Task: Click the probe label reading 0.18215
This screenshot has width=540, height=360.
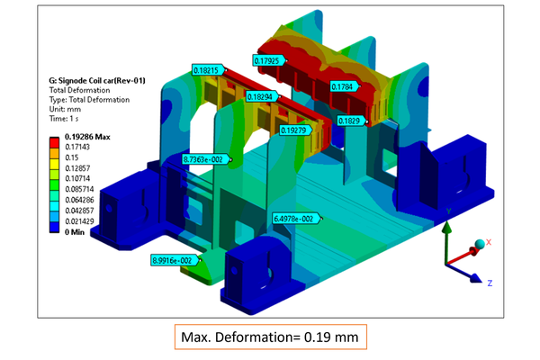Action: click(x=208, y=70)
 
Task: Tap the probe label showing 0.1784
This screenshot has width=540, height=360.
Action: click(x=344, y=86)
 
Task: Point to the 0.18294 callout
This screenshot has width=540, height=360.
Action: click(x=263, y=97)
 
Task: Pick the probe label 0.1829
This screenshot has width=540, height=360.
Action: click(x=351, y=121)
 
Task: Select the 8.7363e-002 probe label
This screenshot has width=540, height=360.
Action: click(x=205, y=159)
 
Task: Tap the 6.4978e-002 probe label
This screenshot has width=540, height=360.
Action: click(x=296, y=219)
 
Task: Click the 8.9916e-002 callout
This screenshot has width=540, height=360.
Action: click(x=175, y=260)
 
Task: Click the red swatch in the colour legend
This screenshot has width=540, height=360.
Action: click(x=54, y=142)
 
